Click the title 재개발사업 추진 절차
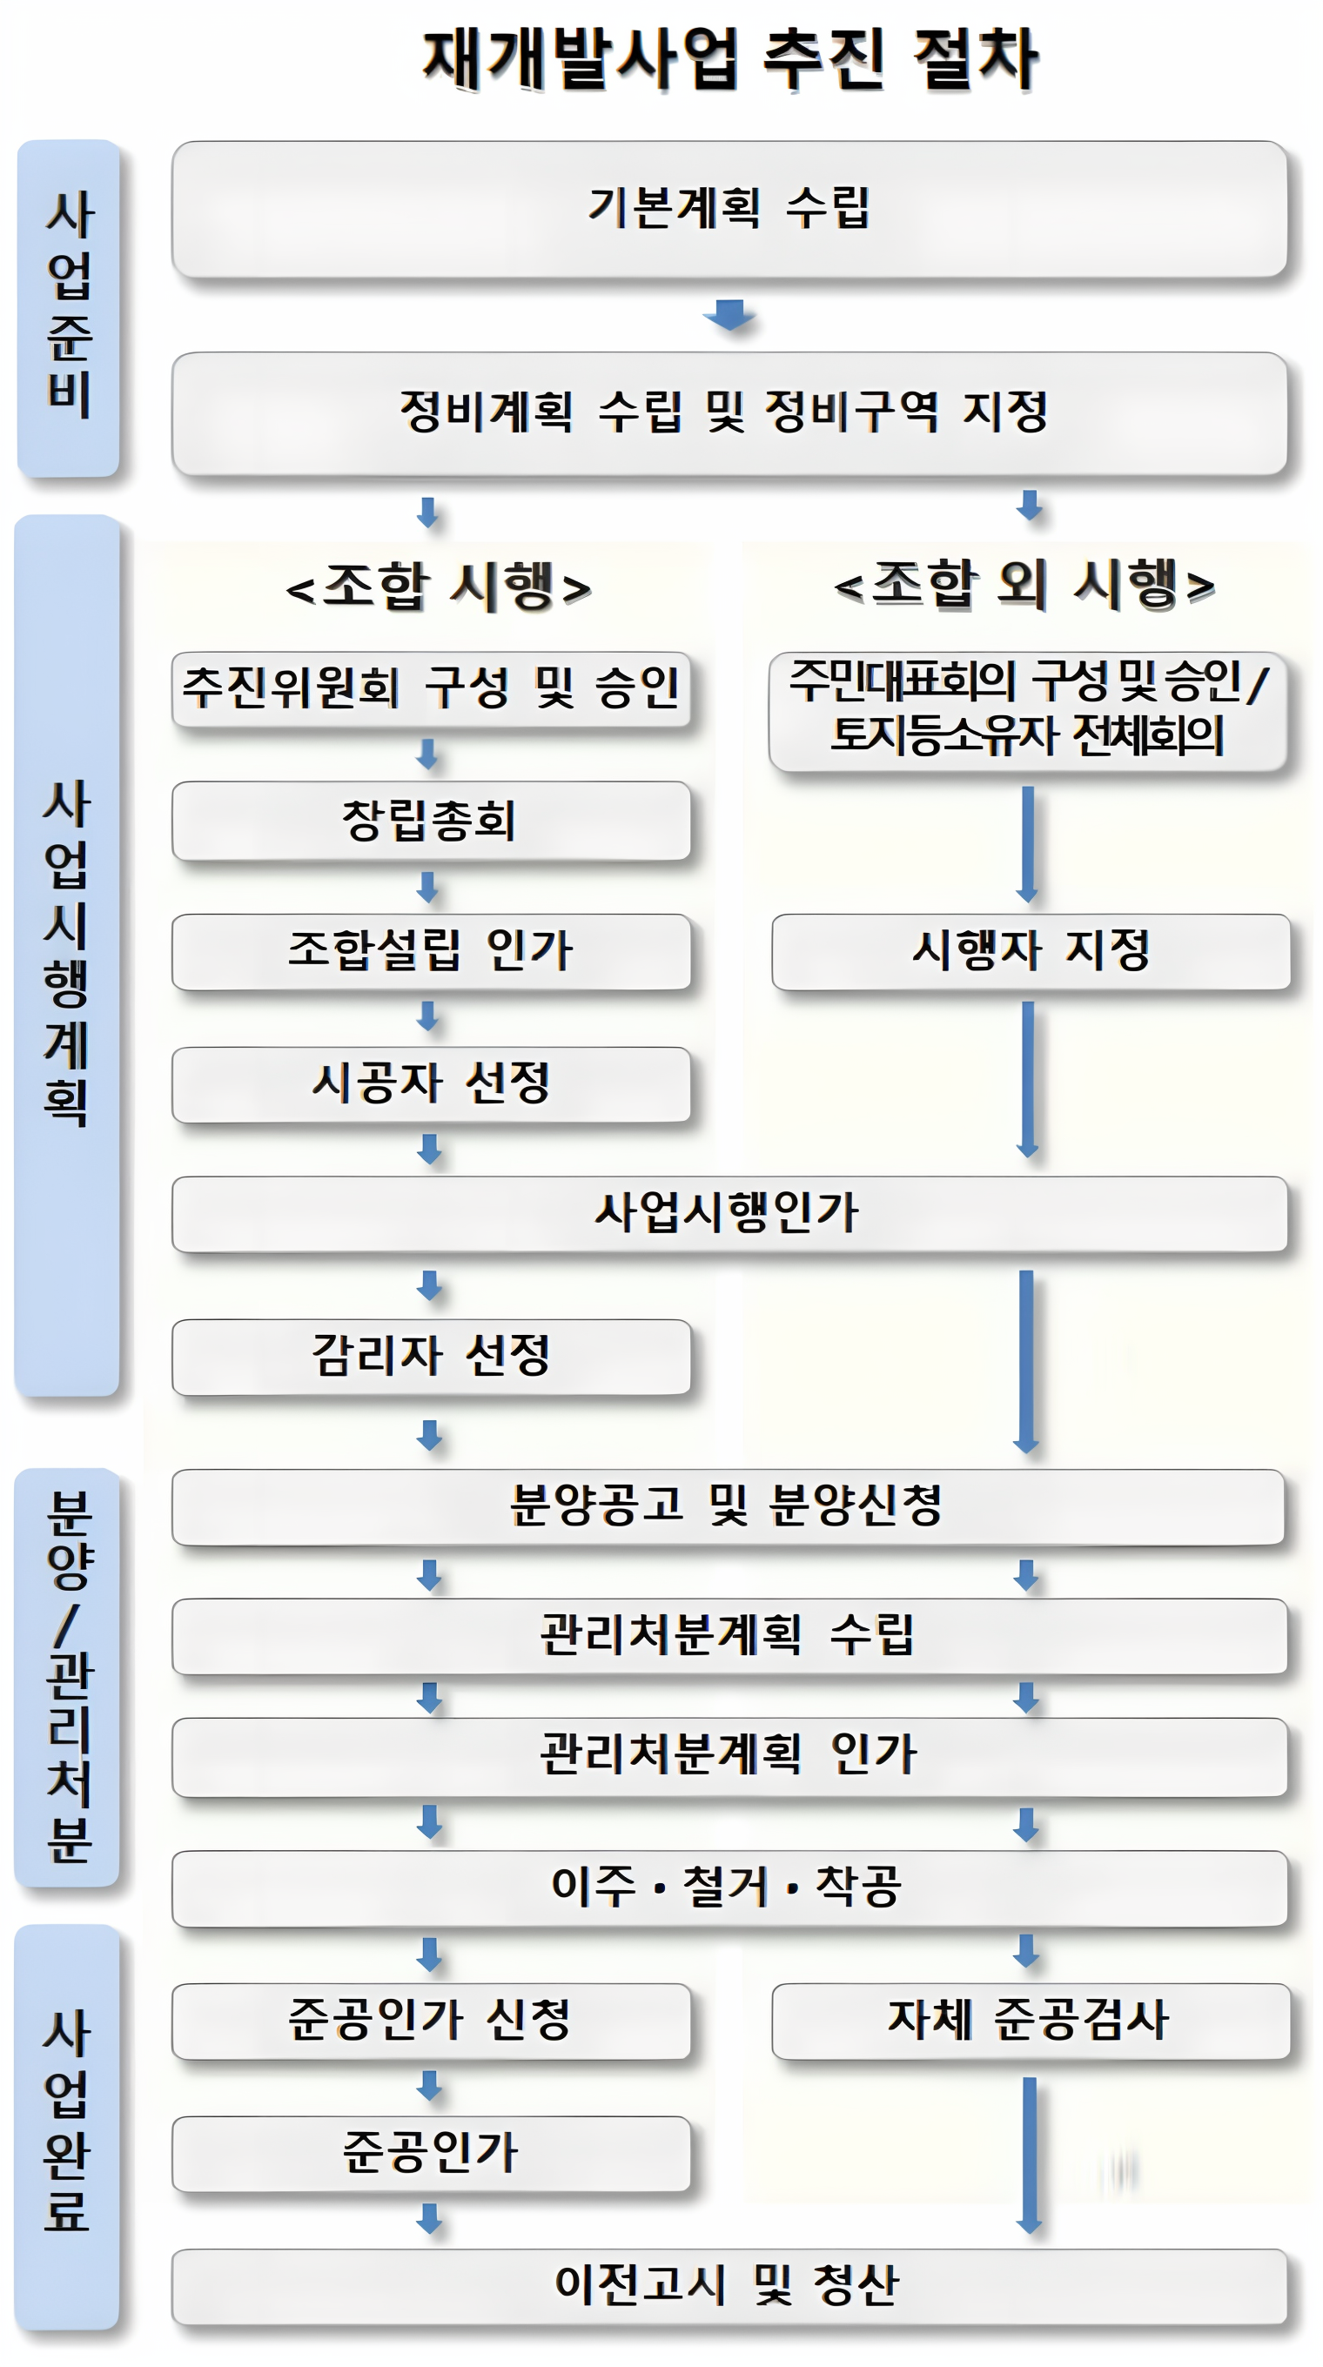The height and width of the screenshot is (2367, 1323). (x=730, y=60)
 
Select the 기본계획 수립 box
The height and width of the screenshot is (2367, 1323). (x=729, y=209)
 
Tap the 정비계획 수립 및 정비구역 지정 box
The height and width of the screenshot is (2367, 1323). (x=729, y=412)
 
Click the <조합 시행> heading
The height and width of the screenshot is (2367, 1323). (x=439, y=586)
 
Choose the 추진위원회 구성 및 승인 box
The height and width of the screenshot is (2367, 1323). (x=431, y=688)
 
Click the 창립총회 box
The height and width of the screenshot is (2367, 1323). (x=431, y=820)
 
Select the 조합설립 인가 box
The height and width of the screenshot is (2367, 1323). (x=431, y=951)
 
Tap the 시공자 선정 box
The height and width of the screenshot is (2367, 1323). (x=431, y=1083)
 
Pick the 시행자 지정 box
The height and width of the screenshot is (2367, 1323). (x=1030, y=951)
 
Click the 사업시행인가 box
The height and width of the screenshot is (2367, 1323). (x=729, y=1213)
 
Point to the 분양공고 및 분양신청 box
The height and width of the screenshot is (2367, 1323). (x=729, y=1506)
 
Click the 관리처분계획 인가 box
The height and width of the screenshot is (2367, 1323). (x=729, y=1755)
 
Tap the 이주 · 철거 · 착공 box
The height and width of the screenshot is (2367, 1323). (x=729, y=1888)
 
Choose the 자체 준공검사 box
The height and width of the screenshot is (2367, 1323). (x=1030, y=2021)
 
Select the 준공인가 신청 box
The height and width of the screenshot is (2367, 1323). (x=431, y=2021)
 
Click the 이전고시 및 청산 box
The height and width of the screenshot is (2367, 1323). (x=729, y=2285)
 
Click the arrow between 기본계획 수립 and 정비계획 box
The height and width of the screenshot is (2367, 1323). (x=729, y=314)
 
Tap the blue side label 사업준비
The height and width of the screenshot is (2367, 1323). (x=69, y=308)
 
